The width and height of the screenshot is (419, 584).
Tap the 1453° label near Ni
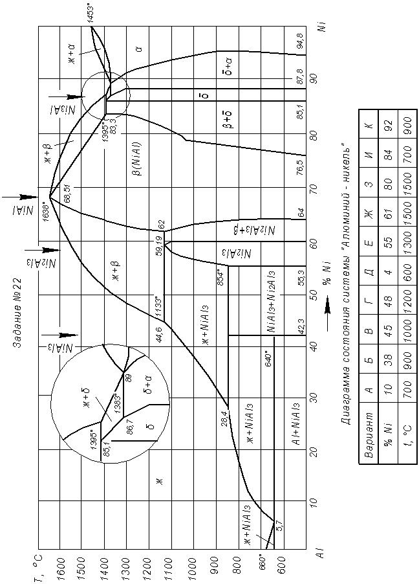click(x=92, y=13)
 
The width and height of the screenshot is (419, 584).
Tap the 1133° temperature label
click(x=158, y=304)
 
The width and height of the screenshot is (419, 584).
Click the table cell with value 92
click(x=387, y=126)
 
